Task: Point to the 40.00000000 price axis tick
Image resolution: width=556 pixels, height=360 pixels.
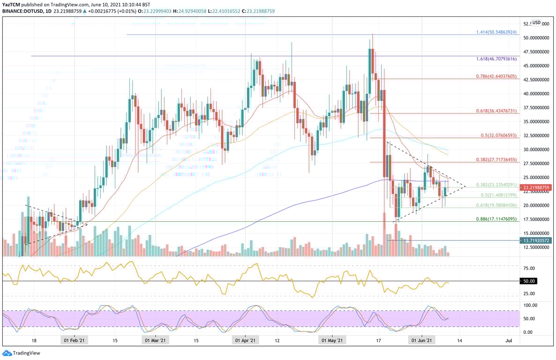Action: tap(536, 94)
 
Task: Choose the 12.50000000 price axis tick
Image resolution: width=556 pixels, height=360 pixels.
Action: tap(536, 247)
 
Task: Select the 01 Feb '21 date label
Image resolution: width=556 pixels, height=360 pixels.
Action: tap(74, 340)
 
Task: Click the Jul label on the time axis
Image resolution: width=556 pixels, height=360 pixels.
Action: tap(509, 340)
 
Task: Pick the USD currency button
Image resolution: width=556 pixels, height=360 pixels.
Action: tap(536, 22)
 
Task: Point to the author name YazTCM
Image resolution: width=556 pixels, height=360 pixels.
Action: tap(12, 4)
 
